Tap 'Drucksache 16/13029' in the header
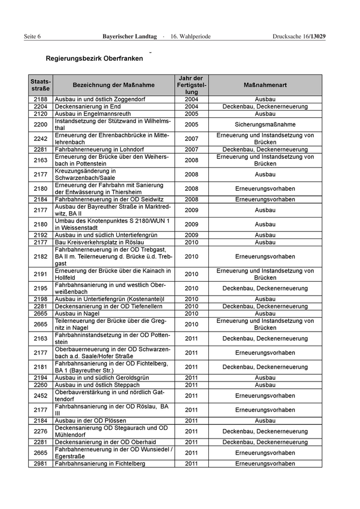click(299, 37)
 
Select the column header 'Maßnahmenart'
click(265, 85)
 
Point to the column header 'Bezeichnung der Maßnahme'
click(114, 85)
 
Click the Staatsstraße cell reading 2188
click(41, 99)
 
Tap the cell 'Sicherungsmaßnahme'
click(265, 124)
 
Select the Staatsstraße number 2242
click(41, 139)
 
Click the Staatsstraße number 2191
click(41, 274)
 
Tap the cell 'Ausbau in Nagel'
click(77, 314)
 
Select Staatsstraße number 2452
click(41, 396)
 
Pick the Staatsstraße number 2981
click(41, 464)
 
